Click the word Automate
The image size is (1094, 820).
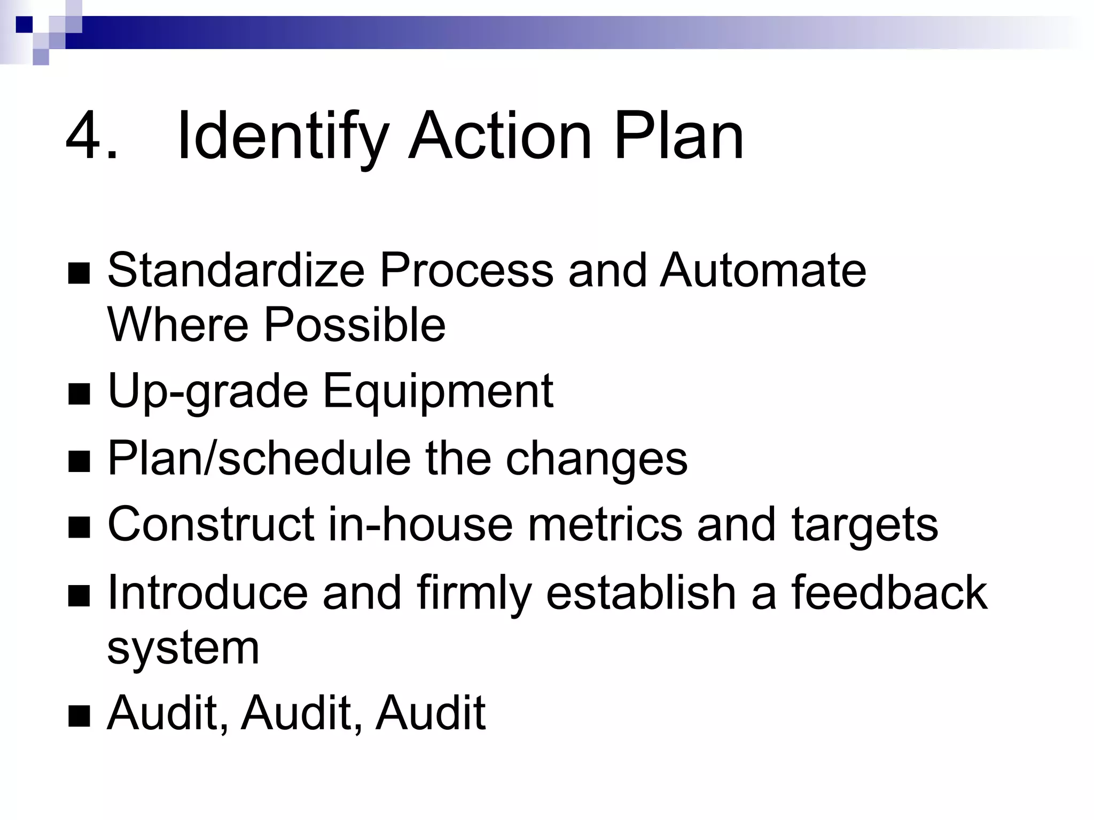[x=763, y=270]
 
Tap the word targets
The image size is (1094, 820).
[x=865, y=525]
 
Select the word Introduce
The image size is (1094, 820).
[x=208, y=593]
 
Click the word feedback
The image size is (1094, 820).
[x=889, y=593]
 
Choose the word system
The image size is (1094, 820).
[x=183, y=648]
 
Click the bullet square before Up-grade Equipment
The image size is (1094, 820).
[x=79, y=396]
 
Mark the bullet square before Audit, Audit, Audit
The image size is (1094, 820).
[x=79, y=716]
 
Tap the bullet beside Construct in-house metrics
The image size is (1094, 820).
[x=79, y=528]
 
